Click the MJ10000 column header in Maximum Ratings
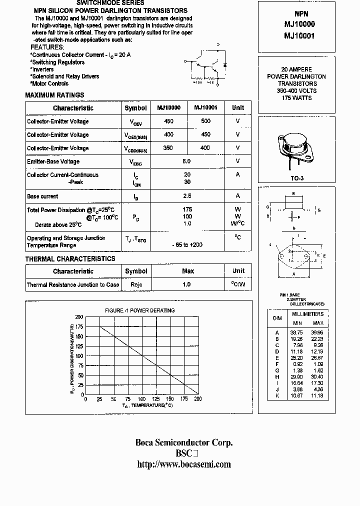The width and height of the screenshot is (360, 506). pyautogui.click(x=168, y=108)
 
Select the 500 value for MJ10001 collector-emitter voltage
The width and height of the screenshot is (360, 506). pyautogui.click(x=205, y=121)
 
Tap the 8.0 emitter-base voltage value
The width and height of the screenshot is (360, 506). pyautogui.click(x=187, y=161)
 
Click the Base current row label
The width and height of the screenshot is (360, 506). pyautogui.click(x=42, y=196)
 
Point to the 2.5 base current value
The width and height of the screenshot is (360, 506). pyautogui.click(x=187, y=196)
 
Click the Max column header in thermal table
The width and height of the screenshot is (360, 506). pyautogui.click(x=187, y=271)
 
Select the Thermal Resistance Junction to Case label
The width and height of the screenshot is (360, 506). pyautogui.click(x=73, y=285)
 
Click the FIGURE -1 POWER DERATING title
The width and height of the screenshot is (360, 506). pyautogui.click(x=139, y=310)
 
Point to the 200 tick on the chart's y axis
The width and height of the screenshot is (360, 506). pyautogui.click(x=79, y=317)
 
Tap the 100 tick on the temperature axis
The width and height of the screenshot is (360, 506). pyautogui.click(x=142, y=399)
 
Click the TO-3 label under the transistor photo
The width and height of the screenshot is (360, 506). pyautogui.click(x=297, y=178)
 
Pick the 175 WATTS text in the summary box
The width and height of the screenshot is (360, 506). pyautogui.click(x=296, y=98)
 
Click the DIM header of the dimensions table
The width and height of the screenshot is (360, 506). pyautogui.click(x=277, y=318)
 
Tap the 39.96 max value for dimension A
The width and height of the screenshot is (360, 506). pyautogui.click(x=317, y=332)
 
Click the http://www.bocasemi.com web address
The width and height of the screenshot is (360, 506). pyautogui.click(x=184, y=464)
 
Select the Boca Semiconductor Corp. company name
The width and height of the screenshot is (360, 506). pyautogui.click(x=184, y=442)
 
